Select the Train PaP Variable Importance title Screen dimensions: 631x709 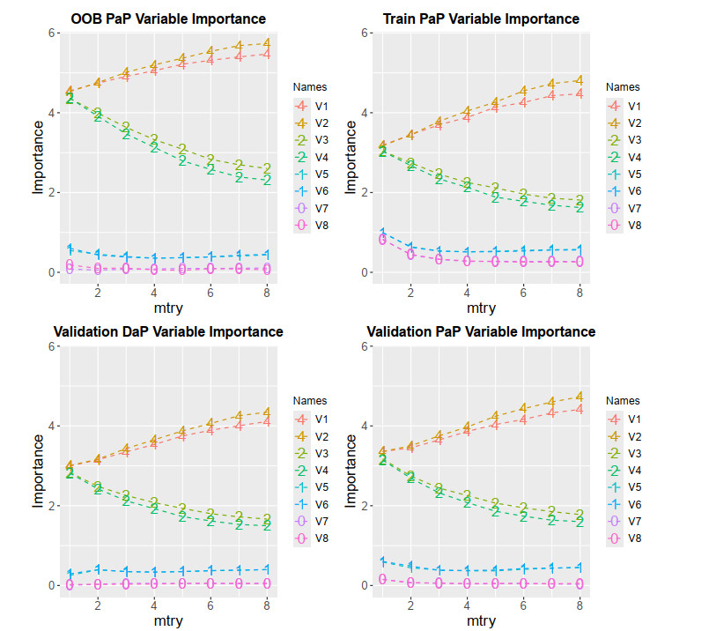(x=482, y=19)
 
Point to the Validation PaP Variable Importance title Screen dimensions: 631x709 (x=480, y=332)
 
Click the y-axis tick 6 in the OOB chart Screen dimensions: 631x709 (x=51, y=33)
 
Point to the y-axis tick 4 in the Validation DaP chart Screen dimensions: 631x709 (x=51, y=426)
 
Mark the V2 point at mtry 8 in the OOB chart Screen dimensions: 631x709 (x=266, y=43)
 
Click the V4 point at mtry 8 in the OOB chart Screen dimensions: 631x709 (x=266, y=180)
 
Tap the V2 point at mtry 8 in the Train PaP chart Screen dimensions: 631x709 (x=579, y=80)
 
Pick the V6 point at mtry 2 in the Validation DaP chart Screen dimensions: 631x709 (x=98, y=569)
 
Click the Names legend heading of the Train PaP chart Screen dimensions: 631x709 (x=624, y=87)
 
